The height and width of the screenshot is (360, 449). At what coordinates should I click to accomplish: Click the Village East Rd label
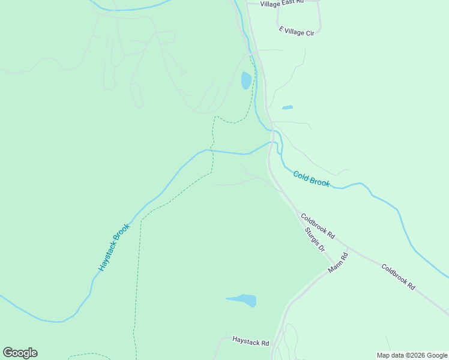click(282, 4)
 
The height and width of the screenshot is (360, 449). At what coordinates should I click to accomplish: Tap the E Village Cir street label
click(297, 30)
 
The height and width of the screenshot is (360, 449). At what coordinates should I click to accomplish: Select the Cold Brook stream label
click(311, 178)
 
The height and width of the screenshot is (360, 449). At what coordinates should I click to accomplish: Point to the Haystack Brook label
click(114, 248)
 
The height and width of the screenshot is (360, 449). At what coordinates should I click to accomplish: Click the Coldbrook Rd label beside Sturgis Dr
click(318, 227)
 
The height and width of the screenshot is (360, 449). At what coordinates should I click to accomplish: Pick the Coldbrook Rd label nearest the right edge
click(398, 277)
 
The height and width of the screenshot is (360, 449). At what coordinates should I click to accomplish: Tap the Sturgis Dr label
click(314, 239)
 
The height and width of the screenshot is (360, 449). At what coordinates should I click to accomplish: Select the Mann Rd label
click(338, 263)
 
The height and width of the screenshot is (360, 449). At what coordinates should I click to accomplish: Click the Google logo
click(20, 353)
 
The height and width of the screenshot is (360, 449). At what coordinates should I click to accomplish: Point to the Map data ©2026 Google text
click(412, 355)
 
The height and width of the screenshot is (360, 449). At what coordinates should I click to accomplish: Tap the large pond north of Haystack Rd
click(242, 299)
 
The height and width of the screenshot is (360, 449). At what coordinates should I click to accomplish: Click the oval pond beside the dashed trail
click(246, 80)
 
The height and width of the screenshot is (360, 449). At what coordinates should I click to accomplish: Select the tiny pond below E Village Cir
click(288, 108)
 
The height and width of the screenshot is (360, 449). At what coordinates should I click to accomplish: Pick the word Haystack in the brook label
click(109, 256)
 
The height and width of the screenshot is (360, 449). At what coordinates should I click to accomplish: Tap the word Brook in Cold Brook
click(319, 181)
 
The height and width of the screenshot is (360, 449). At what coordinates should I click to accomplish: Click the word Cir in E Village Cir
click(309, 33)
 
